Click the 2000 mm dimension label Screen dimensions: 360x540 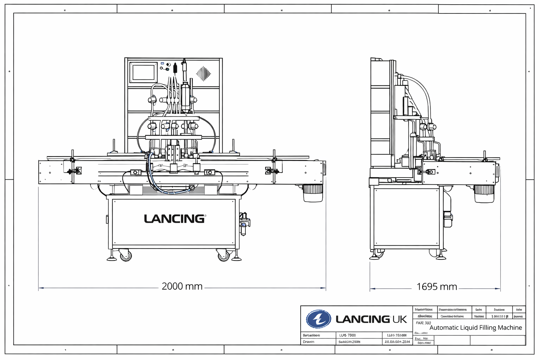[x=182, y=287]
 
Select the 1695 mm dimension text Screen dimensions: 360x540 [x=437, y=287]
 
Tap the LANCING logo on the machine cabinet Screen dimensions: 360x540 [x=175, y=219]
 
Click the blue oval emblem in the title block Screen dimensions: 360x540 [x=318, y=319]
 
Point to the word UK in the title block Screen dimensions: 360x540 [x=400, y=319]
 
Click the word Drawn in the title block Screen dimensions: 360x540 [x=309, y=342]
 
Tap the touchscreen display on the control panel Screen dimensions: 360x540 [x=143, y=72]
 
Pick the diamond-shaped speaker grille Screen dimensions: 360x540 [x=203, y=73]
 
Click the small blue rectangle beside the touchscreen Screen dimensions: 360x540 [x=162, y=64]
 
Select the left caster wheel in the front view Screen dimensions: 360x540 [x=126, y=255]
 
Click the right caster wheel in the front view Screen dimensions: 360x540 [x=223, y=256]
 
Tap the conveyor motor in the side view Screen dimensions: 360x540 [x=484, y=193]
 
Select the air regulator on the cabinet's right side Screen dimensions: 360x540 [x=244, y=223]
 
